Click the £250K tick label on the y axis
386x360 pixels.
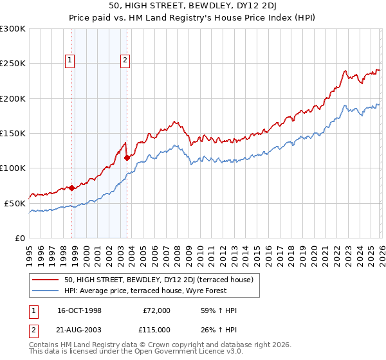click(x=13, y=64)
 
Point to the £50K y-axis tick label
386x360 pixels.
click(x=15, y=203)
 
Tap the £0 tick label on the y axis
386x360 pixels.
click(x=21, y=238)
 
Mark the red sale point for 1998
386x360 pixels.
click(x=71, y=188)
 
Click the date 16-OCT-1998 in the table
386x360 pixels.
click(x=80, y=310)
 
